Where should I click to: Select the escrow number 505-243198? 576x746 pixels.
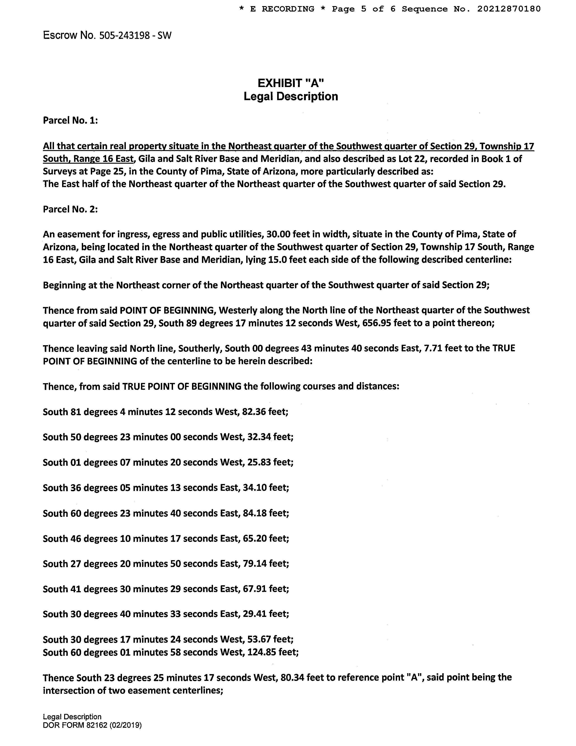(x=124, y=35)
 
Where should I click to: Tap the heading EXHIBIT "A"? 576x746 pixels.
(x=290, y=83)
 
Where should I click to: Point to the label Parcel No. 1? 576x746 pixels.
(x=70, y=120)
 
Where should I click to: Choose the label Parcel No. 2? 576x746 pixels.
(x=70, y=209)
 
